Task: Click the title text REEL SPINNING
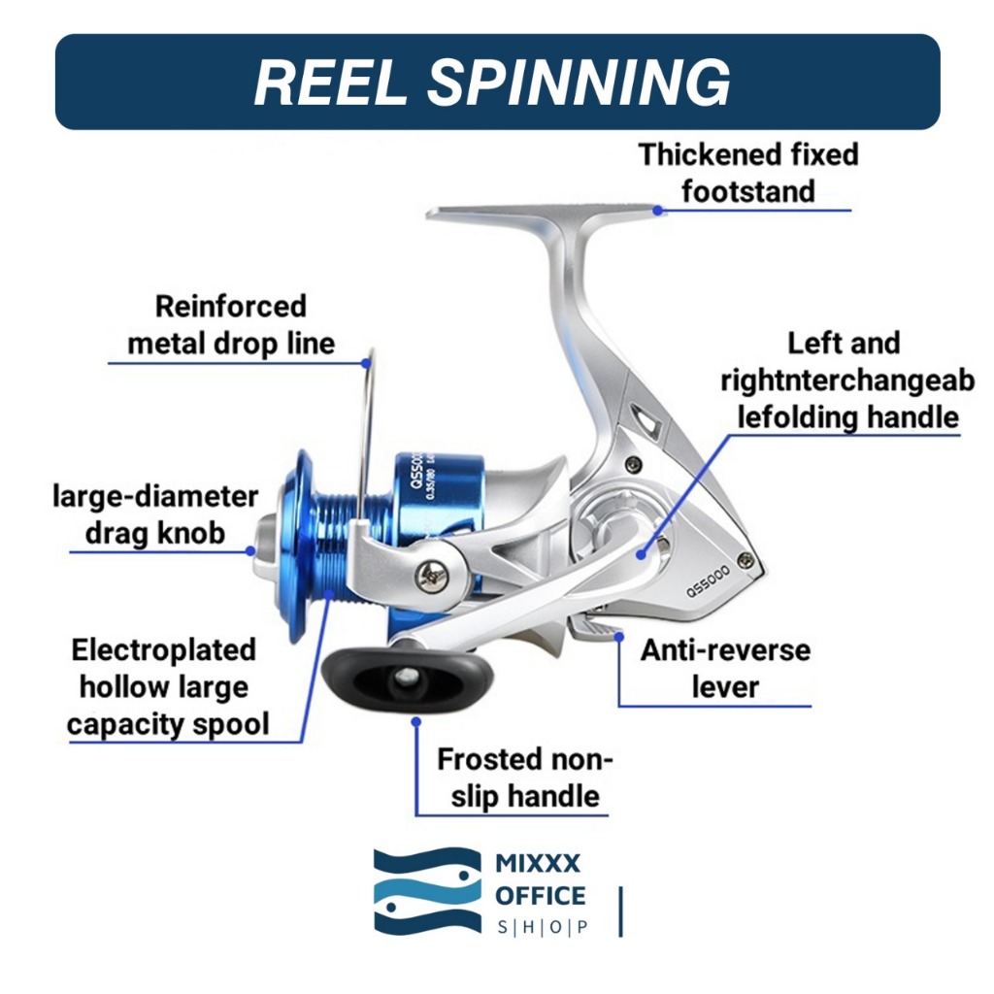pyautogui.click(x=492, y=82)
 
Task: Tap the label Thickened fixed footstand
pyautogui.click(x=747, y=173)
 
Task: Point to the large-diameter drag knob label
pyautogui.click(x=155, y=515)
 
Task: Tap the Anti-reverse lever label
pyautogui.click(x=725, y=668)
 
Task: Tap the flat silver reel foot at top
pyautogui.click(x=544, y=215)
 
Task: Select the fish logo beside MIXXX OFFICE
pyautogui.click(x=427, y=891)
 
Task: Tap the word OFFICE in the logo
pyautogui.click(x=541, y=895)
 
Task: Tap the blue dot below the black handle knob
pyautogui.click(x=416, y=721)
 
